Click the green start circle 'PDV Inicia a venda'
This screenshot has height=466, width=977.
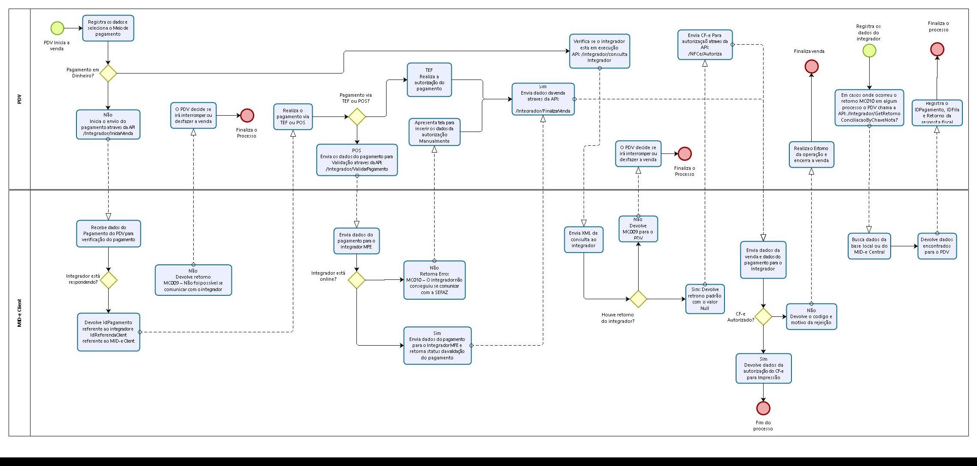click(57, 28)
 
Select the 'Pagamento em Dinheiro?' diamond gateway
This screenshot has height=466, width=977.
click(108, 73)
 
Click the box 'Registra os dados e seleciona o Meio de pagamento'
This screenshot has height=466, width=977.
click(108, 28)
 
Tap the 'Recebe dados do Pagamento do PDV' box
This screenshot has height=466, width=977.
click(108, 233)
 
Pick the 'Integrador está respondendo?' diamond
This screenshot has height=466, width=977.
click(109, 280)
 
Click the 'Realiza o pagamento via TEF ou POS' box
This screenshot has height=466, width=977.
click(293, 116)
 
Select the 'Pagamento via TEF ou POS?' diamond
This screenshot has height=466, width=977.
click(357, 116)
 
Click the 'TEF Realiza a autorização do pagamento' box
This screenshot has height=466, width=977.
click(429, 80)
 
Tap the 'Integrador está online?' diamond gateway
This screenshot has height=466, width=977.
click(356, 280)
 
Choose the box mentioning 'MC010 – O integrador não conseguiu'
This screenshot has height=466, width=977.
click(434, 280)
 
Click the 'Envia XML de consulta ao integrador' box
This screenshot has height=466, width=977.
click(584, 239)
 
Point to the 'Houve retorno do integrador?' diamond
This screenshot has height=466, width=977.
click(638, 299)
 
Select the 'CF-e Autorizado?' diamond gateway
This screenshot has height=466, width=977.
click(763, 317)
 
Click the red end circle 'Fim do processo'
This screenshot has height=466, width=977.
click(763, 408)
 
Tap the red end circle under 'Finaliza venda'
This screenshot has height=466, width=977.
click(811, 67)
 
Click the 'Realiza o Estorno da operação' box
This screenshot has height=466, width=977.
click(811, 154)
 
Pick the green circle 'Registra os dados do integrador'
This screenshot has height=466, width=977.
click(869, 51)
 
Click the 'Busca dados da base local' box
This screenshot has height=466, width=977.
click(869, 246)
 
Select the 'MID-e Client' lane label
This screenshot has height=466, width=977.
click(19, 313)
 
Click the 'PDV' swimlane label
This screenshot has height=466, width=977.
click(19, 99)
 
